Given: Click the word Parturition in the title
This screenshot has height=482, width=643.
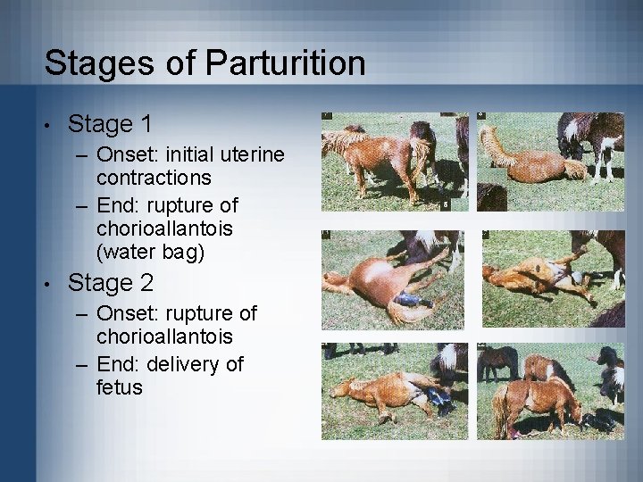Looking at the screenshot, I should pyautogui.click(x=285, y=63).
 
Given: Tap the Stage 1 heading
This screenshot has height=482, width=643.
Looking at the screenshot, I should pyautogui.click(x=110, y=124).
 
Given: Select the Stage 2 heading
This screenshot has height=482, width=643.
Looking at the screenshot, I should pyautogui.click(x=110, y=283).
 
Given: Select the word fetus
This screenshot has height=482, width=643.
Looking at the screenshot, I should pyautogui.click(x=120, y=386).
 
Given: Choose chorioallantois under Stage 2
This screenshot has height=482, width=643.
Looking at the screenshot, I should pyautogui.click(x=164, y=336).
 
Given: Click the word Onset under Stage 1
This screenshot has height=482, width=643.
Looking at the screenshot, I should pyautogui.click(x=122, y=154).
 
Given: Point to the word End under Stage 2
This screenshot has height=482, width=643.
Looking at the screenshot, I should pyautogui.click(x=116, y=364).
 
